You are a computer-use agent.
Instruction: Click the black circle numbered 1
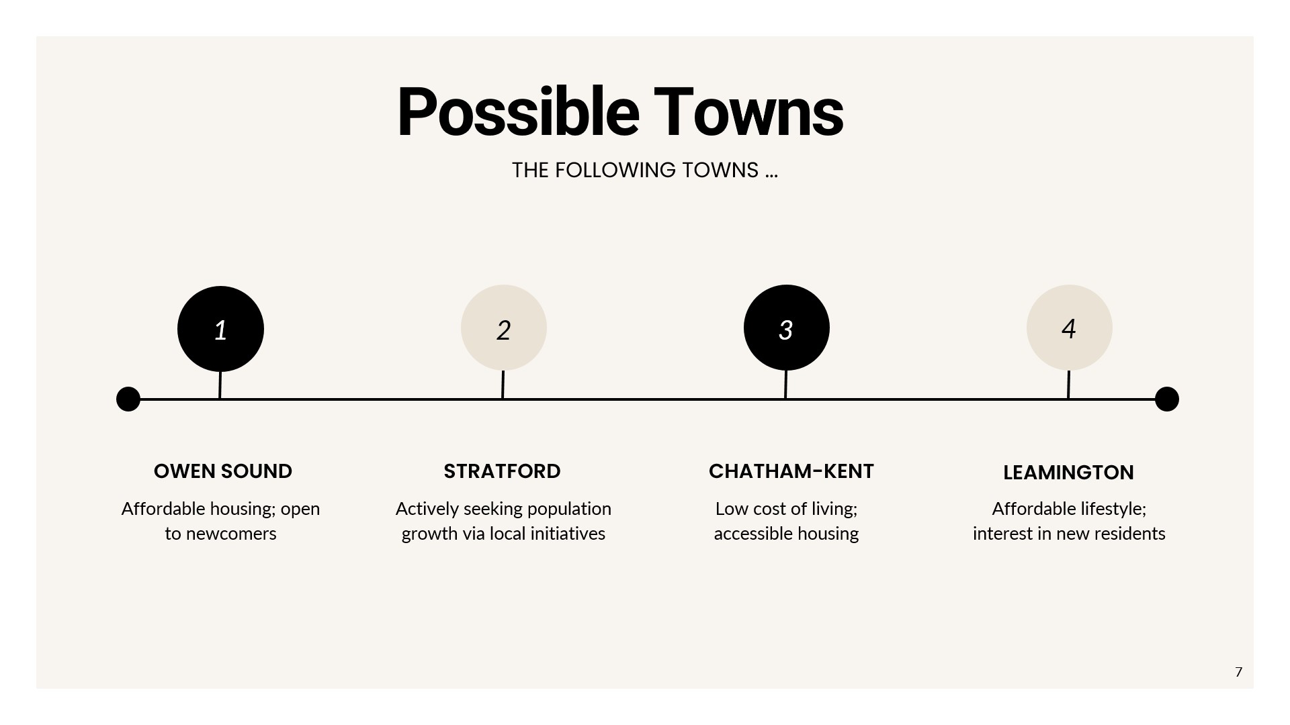pyautogui.click(x=220, y=329)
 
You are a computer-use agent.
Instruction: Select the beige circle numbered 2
pyautogui.click(x=504, y=328)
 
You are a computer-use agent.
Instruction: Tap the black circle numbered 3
pyautogui.click(x=787, y=328)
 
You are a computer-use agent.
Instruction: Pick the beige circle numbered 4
pyautogui.click(x=1070, y=328)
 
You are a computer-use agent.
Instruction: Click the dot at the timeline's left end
pyautogui.click(x=128, y=399)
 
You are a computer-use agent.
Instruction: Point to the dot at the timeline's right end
pyautogui.click(x=1167, y=399)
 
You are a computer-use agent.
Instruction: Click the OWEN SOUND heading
pyautogui.click(x=223, y=471)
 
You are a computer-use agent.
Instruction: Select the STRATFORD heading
pyautogui.click(x=502, y=471)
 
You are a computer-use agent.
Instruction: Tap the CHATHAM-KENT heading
pyautogui.click(x=791, y=471)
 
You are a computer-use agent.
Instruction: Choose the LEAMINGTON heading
pyautogui.click(x=1068, y=473)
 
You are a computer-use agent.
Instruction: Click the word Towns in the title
pyautogui.click(x=748, y=112)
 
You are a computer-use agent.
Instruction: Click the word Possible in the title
pyautogui.click(x=518, y=112)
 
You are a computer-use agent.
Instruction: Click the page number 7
pyautogui.click(x=1239, y=672)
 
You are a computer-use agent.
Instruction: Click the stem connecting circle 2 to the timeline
pyautogui.click(x=503, y=385)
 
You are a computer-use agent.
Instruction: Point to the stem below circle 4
pyautogui.click(x=1068, y=385)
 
